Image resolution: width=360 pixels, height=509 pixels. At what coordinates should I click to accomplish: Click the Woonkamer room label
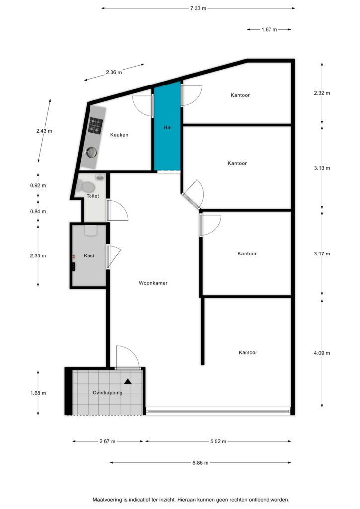click(153, 283)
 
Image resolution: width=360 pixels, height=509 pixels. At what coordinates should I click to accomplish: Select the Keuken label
click(119, 135)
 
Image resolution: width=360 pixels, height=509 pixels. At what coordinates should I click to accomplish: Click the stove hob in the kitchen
click(95, 125)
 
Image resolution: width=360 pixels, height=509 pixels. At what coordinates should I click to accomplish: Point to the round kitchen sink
click(91, 152)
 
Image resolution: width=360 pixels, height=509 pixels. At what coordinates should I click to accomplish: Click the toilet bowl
click(87, 187)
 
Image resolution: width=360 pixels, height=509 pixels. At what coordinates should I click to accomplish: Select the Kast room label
click(89, 256)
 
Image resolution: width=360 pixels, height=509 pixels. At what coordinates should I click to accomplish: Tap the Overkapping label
click(108, 393)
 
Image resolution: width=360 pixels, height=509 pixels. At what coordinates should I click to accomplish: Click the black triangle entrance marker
click(128, 381)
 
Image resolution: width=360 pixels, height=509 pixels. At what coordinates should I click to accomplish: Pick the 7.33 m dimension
click(198, 8)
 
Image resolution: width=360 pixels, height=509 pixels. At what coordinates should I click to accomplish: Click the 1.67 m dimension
click(269, 29)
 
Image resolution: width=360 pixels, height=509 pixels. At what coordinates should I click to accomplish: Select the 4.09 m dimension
click(322, 353)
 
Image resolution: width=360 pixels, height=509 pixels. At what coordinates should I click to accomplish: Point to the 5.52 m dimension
click(218, 441)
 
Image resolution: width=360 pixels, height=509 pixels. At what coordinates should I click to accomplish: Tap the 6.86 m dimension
click(200, 463)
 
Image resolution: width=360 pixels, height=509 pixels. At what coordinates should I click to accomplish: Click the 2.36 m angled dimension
click(114, 72)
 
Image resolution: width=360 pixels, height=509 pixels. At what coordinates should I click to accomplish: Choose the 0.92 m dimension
click(38, 186)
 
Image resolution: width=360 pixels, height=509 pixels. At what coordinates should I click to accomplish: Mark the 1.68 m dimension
click(38, 393)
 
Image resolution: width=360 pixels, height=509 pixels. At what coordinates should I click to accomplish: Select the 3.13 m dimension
click(322, 168)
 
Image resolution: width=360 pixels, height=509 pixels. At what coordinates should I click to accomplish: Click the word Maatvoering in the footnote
click(107, 500)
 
